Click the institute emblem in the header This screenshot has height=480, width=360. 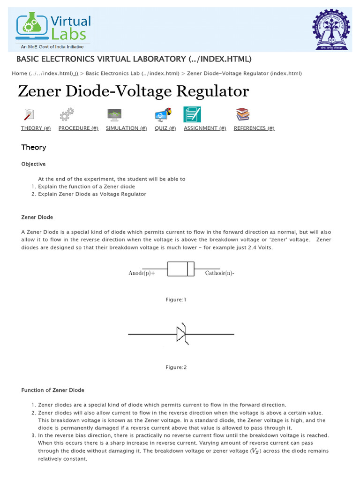coord(331,31)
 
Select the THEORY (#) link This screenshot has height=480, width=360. coord(36,128)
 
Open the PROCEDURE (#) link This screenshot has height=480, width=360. coord(78,128)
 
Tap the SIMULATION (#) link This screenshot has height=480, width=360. coord(126,128)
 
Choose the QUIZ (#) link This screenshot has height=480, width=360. coord(165,128)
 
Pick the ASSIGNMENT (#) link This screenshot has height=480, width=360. coord(205,128)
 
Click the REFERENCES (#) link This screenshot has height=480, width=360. coord(254,128)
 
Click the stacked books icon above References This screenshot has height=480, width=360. coord(242,114)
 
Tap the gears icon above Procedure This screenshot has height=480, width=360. coord(67,114)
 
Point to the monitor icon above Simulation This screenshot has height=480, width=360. coord(114,114)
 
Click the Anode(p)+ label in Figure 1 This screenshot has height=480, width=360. coord(142,273)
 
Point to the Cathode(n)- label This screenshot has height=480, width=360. coord(219,273)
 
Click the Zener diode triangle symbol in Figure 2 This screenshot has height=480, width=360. coord(181,334)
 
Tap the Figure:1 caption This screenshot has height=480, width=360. coord(176,300)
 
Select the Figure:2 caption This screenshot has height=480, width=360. coord(176,367)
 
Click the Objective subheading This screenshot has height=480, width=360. coord(33,164)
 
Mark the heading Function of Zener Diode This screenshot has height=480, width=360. coord(53,390)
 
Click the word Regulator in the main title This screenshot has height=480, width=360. coord(214,91)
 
